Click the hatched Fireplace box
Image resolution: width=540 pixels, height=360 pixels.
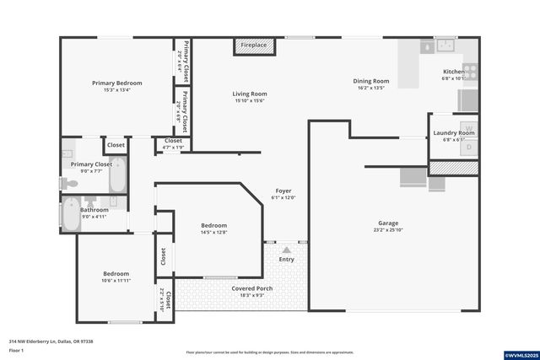point(253,46)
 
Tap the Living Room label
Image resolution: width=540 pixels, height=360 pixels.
point(250,94)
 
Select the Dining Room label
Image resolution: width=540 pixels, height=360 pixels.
point(370,81)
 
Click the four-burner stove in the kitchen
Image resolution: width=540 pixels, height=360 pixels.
point(470,72)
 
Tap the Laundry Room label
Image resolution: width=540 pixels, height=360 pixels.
point(454,133)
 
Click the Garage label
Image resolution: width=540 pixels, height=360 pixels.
point(387,223)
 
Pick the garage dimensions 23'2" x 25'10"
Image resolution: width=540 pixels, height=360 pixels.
point(387,230)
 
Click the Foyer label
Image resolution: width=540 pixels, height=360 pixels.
point(283,191)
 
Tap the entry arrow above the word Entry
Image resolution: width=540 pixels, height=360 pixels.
point(287,250)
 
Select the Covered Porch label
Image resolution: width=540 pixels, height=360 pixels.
point(252,288)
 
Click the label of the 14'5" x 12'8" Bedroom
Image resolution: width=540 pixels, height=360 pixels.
point(213,225)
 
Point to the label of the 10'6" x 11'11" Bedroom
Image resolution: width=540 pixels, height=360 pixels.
point(116,274)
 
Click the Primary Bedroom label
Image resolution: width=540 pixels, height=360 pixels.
point(117,83)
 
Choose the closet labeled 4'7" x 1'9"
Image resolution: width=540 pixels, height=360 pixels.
point(173,143)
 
